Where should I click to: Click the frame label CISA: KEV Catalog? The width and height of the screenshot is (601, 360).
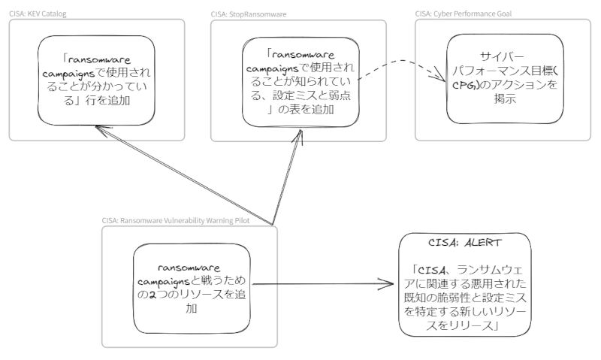(37, 13)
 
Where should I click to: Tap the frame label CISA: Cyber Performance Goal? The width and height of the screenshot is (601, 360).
(458, 13)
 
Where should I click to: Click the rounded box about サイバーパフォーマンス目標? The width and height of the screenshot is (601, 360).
(503, 78)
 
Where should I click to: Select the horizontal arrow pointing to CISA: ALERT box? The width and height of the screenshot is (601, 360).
(323, 284)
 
